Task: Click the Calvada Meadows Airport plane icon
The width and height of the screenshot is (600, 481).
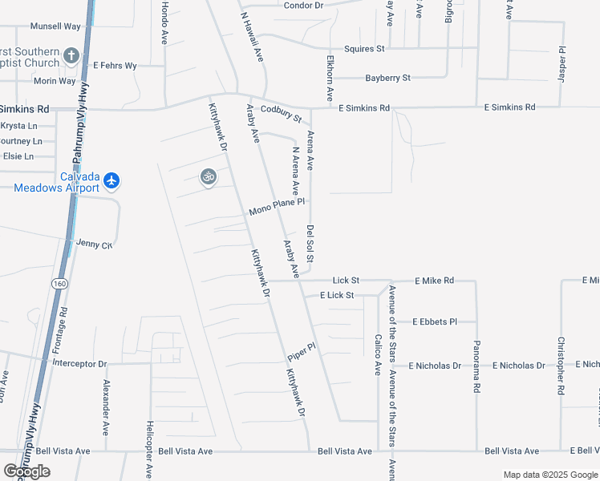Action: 111,180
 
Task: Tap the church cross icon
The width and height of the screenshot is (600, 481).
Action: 71,55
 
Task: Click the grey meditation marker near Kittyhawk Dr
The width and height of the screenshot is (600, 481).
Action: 209,176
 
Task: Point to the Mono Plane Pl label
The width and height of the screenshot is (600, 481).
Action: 277,207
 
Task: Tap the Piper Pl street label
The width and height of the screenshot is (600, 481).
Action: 302,351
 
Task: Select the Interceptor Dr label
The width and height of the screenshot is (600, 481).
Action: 79,363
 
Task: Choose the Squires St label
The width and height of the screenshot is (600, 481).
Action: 364,49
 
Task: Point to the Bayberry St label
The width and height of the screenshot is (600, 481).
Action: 387,78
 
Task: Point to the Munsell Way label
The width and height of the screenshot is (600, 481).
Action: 55,26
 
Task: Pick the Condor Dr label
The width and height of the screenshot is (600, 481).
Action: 303,6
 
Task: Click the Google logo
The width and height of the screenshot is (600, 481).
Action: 26,471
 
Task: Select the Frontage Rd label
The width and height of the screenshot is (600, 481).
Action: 62,325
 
